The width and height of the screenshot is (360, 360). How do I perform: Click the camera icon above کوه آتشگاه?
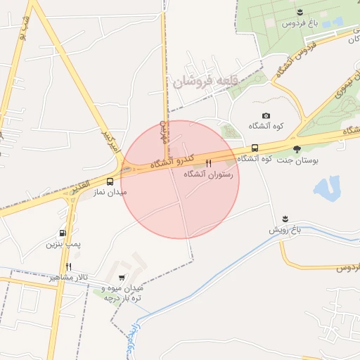266,116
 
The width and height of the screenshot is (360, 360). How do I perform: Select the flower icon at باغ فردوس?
300,13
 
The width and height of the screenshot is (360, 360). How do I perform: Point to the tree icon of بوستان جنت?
297,149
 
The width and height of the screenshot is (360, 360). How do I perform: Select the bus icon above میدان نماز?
110,181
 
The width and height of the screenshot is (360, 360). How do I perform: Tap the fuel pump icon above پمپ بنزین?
63,233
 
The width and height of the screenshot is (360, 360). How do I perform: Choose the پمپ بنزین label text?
60,244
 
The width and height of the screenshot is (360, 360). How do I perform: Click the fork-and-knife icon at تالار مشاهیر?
68,266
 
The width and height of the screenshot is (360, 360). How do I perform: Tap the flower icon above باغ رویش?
285,219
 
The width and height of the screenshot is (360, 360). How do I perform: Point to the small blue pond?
327,188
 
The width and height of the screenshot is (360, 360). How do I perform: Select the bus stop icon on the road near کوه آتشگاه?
255,148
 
